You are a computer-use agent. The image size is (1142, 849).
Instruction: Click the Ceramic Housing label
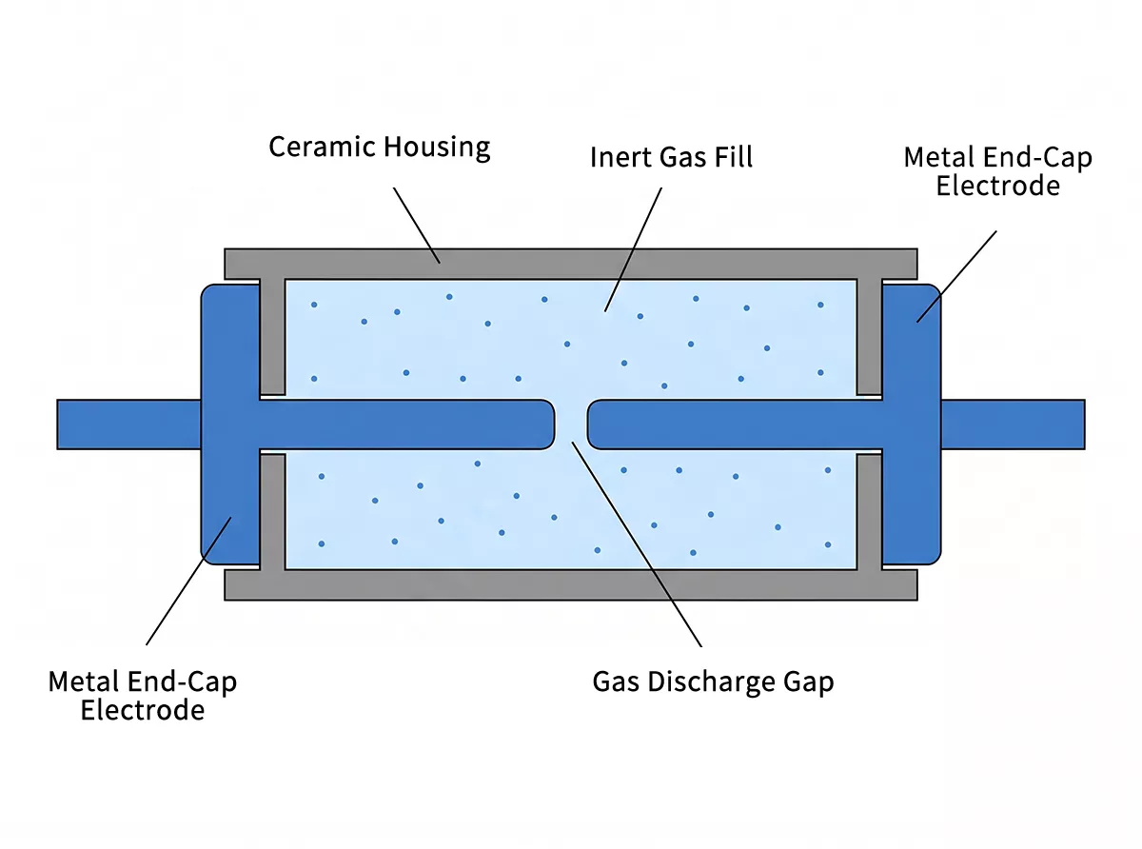[x=379, y=148]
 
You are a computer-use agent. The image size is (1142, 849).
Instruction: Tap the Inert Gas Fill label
[x=671, y=157]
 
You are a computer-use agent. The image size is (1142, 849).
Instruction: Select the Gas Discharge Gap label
[x=713, y=681]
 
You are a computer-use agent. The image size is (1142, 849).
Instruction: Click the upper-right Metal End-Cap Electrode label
[x=997, y=171]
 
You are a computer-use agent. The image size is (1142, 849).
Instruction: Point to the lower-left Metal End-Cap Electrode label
[x=143, y=696]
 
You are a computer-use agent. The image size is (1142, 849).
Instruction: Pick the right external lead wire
[x=1013, y=424]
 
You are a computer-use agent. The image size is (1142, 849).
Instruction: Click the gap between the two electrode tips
[x=571, y=424]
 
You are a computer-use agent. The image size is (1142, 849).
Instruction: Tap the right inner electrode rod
[x=733, y=424]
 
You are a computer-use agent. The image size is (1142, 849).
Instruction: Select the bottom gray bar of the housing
[x=571, y=584]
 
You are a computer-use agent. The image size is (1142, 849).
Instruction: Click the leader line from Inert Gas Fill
[x=633, y=247]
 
